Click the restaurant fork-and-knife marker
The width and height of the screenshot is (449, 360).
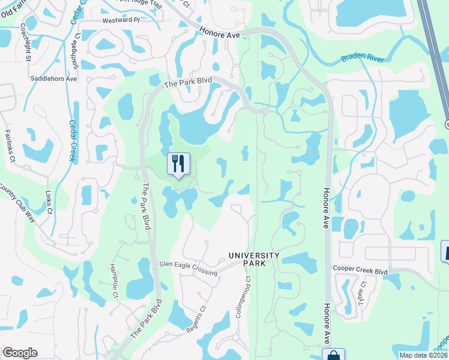point(178,163)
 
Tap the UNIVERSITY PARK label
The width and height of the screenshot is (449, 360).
point(254,259)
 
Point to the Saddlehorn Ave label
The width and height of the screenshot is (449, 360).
point(54,79)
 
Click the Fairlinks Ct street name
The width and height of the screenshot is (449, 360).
point(10,146)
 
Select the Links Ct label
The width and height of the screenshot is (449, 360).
point(49,203)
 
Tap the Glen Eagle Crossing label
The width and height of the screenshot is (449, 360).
point(188,268)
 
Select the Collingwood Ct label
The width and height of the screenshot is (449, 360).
point(247,298)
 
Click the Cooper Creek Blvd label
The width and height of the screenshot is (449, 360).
point(361,271)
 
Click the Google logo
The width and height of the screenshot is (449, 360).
point(20,353)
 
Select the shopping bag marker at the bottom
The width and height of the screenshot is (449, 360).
point(333,355)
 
